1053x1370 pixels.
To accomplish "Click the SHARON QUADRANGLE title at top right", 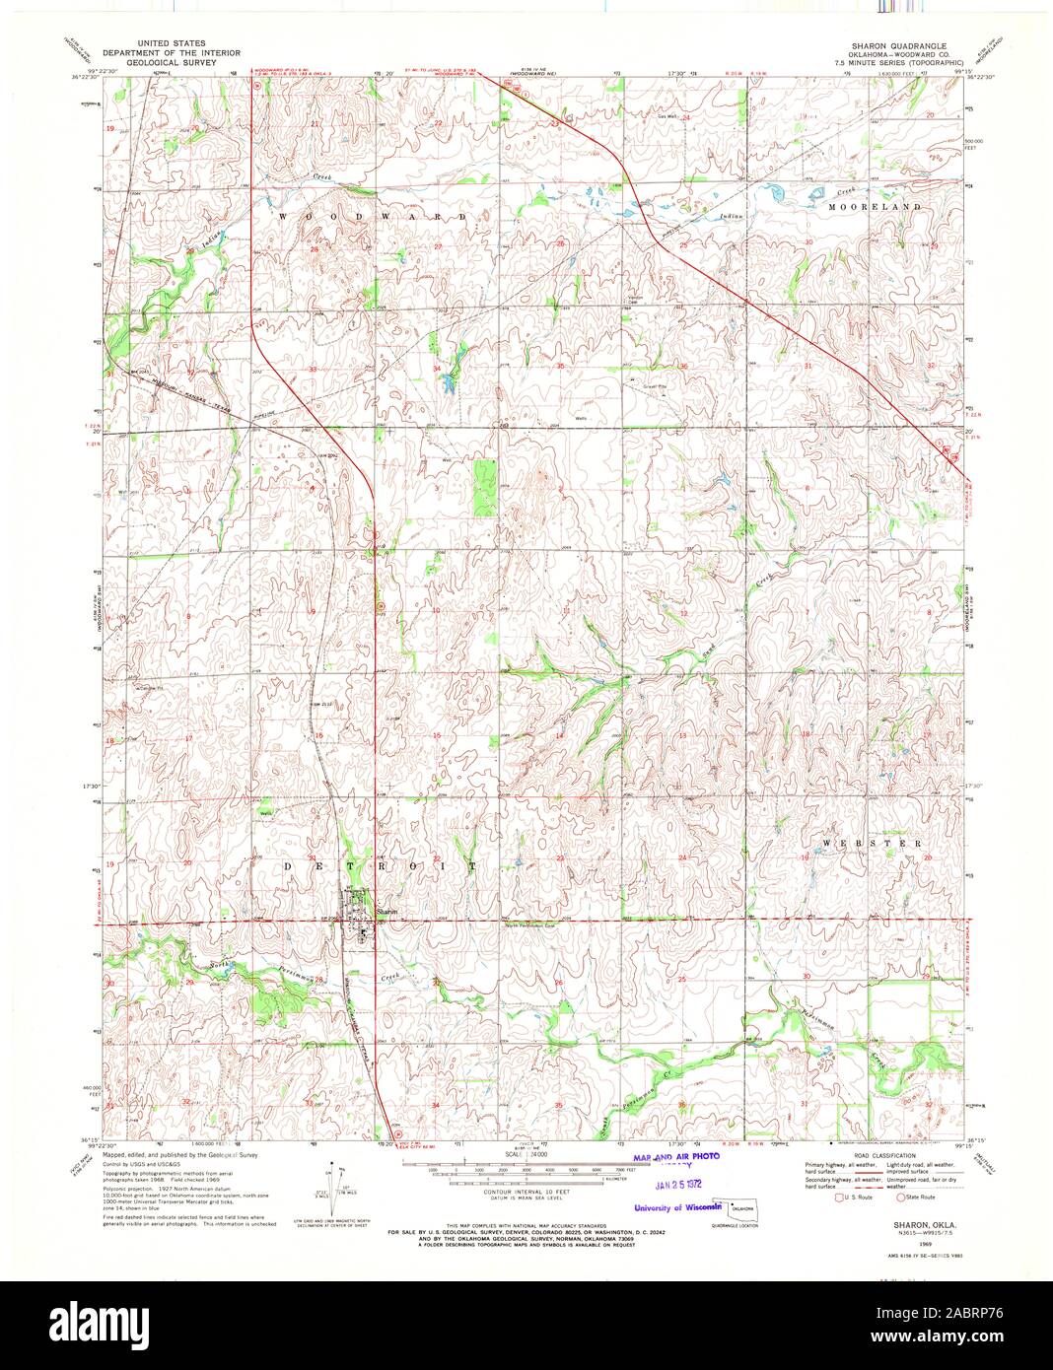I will pos(899,46).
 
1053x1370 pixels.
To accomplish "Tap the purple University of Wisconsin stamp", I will pos(678,1206).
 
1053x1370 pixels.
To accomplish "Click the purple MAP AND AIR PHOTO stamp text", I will pos(676,1156).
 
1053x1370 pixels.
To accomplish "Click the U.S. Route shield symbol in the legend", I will pos(811,1198).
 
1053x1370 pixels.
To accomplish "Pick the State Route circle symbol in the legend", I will pos(899,1198).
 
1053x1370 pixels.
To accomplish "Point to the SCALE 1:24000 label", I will pos(517,1153).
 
